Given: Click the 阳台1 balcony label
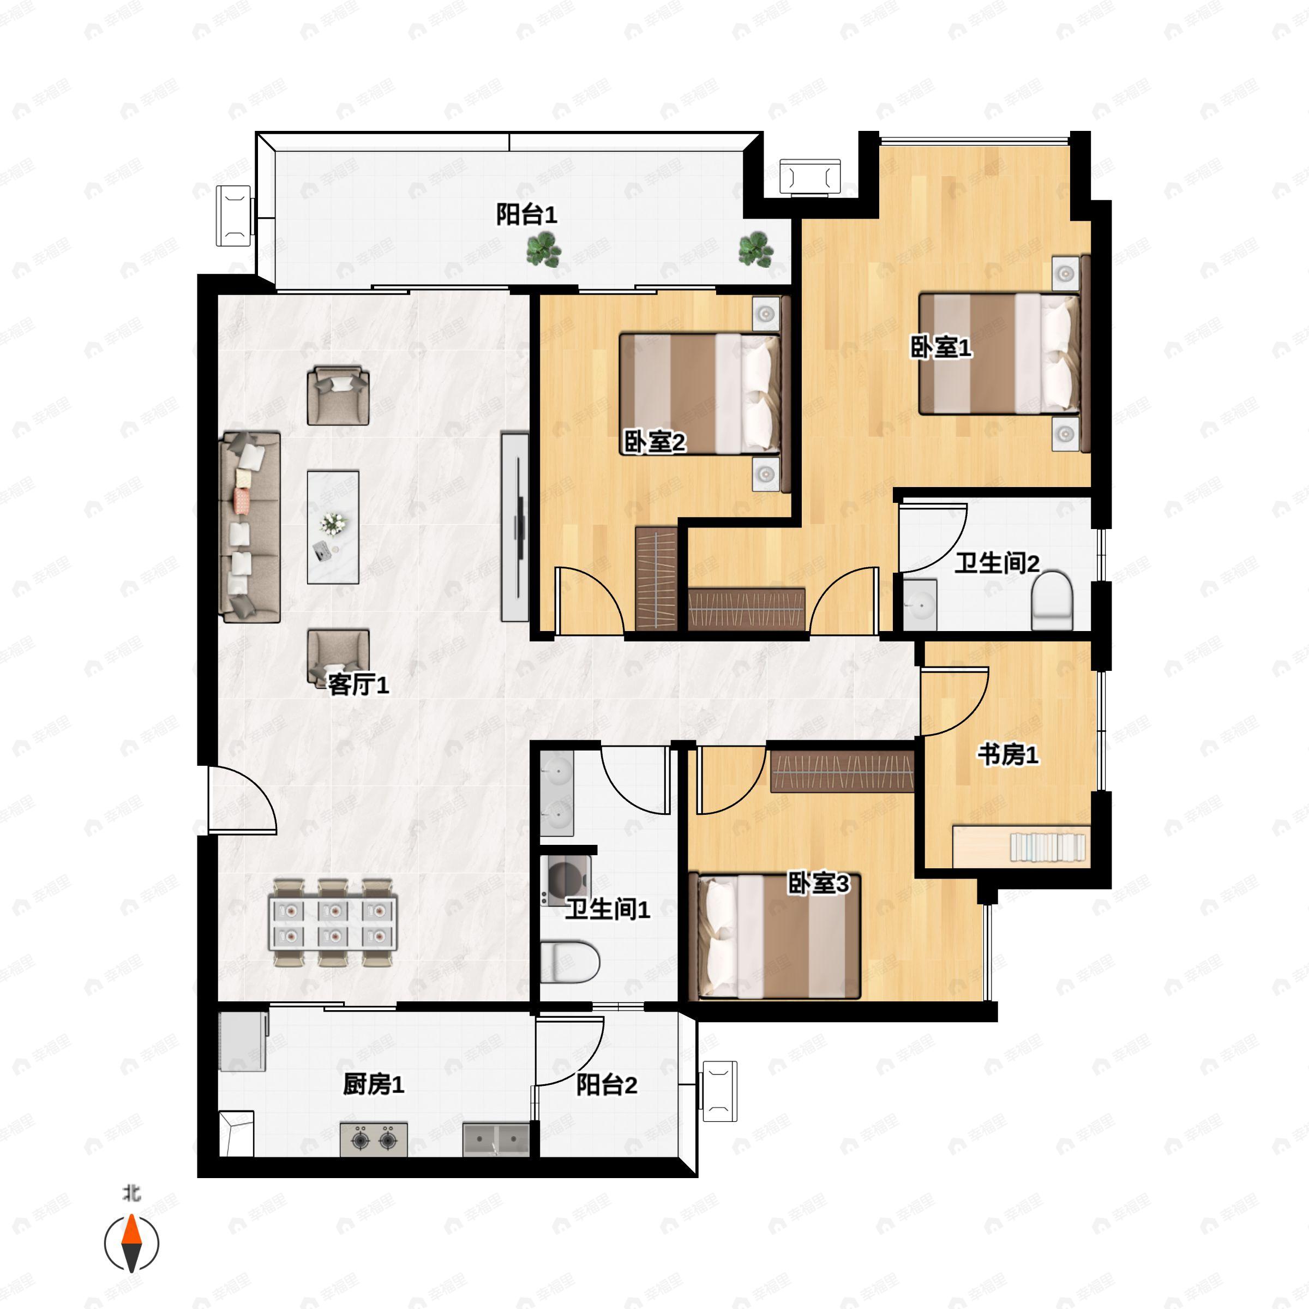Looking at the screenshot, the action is [x=526, y=215].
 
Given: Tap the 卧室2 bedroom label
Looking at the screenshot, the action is [x=654, y=442].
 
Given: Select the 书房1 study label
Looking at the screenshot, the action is [x=1007, y=754].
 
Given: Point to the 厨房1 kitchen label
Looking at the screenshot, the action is [x=373, y=1085].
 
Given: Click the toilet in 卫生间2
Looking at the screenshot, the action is [x=1052, y=601].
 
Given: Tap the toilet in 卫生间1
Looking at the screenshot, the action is [x=571, y=962].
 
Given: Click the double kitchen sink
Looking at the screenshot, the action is [x=496, y=1139].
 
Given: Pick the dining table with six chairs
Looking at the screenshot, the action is [x=333, y=922].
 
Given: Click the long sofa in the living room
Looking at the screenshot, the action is [x=250, y=527].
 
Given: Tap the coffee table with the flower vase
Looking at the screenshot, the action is [x=333, y=527].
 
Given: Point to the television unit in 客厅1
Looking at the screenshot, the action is [x=515, y=527].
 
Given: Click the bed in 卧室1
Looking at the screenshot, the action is [x=999, y=353].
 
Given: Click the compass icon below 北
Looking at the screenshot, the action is [x=131, y=1244].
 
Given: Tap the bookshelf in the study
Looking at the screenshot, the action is [x=1047, y=847].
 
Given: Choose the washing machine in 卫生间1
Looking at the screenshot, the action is [x=566, y=881].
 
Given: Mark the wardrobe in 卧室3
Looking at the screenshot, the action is [x=842, y=772].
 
